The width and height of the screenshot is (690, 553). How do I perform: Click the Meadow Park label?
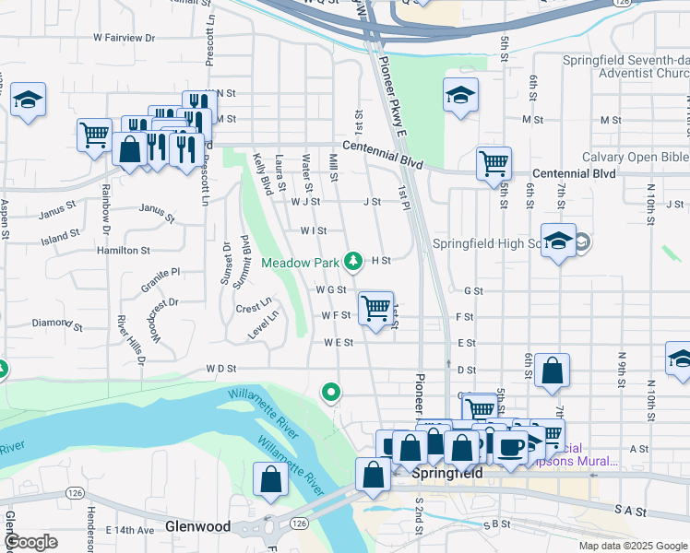pyautogui.click(x=301, y=263)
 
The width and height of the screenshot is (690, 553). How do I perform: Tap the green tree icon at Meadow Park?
pyautogui.click(x=352, y=262)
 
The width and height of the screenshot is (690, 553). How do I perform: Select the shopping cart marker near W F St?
pyautogui.click(x=375, y=308)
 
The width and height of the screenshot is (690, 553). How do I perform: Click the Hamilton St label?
pyautogui.click(x=123, y=250)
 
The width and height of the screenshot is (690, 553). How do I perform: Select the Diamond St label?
pyautogui.click(x=57, y=324)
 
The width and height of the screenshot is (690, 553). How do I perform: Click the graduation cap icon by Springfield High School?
pyautogui.click(x=558, y=241)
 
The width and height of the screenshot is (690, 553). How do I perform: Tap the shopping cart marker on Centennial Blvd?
pyautogui.click(x=494, y=163)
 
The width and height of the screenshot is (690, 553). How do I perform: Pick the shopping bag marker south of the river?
pyautogui.click(x=270, y=480)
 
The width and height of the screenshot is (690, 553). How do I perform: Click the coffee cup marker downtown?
pyautogui.click(x=510, y=446)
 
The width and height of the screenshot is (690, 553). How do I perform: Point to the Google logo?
pyautogui.click(x=30, y=542)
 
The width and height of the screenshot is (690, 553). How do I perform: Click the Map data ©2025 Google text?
pyautogui.click(x=632, y=546)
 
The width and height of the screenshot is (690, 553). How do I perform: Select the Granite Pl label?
pyautogui.click(x=161, y=274)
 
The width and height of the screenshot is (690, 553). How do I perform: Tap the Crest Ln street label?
pyautogui.click(x=253, y=306)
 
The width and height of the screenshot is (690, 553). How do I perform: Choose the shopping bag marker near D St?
pyautogui.click(x=552, y=371)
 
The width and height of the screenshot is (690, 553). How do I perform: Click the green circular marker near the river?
pyautogui.click(x=331, y=393)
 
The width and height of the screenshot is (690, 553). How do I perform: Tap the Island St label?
pyautogui.click(x=60, y=237)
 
